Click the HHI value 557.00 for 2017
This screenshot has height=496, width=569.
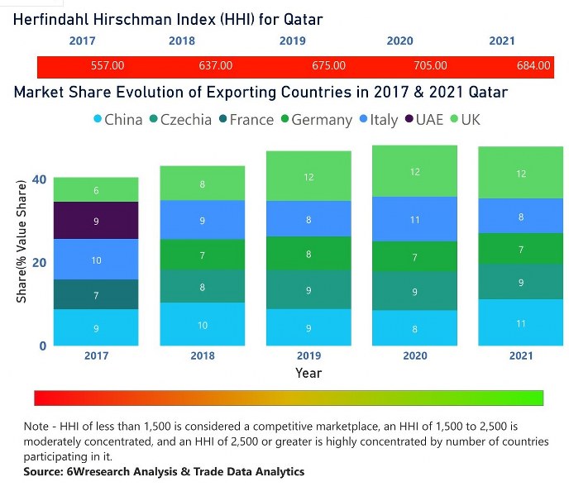tap(108, 65)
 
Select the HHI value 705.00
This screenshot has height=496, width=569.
tap(430, 65)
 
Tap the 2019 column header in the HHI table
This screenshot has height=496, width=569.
tap(292, 40)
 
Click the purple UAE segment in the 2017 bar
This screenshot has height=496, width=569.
tap(97, 221)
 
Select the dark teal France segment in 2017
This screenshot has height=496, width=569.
tap(97, 294)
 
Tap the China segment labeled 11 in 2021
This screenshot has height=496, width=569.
tap(521, 322)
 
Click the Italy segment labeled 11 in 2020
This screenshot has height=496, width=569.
tap(415, 219)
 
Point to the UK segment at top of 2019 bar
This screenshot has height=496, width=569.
tap(309, 176)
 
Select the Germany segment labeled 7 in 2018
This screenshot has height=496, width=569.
tap(203, 255)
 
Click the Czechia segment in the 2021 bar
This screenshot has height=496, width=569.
tap(521, 282)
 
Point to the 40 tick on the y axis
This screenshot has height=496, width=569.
tap(39, 179)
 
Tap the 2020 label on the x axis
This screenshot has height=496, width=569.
tap(415, 355)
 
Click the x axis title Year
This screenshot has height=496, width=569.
tap(308, 373)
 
